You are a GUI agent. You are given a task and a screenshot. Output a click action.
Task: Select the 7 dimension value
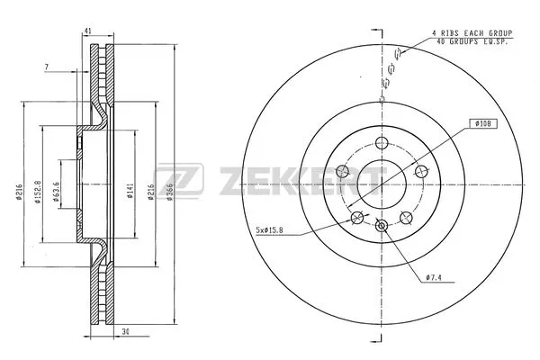click(46, 67)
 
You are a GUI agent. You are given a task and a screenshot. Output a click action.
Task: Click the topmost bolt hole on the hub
click(382, 141)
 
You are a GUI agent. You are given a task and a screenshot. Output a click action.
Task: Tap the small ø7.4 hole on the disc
click(382, 226)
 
